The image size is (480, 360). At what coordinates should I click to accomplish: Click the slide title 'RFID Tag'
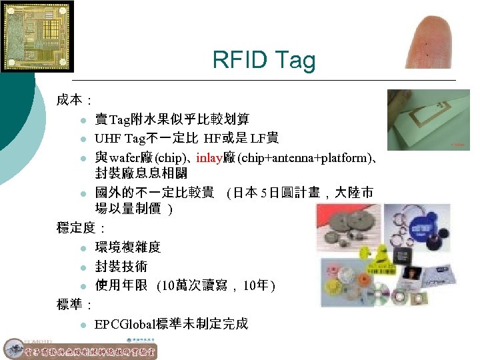[x=263, y=60]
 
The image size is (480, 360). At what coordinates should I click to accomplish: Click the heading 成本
[x=70, y=100]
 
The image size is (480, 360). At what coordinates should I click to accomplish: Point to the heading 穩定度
[x=75, y=228]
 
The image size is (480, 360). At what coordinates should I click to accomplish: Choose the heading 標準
[x=70, y=305]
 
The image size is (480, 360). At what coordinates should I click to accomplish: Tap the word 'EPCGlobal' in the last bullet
[x=124, y=324]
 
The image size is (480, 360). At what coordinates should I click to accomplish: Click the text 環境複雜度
[x=128, y=247]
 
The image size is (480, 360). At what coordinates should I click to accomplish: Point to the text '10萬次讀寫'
[x=197, y=286]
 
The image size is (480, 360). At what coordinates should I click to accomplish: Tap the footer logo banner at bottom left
[x=80, y=349]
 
